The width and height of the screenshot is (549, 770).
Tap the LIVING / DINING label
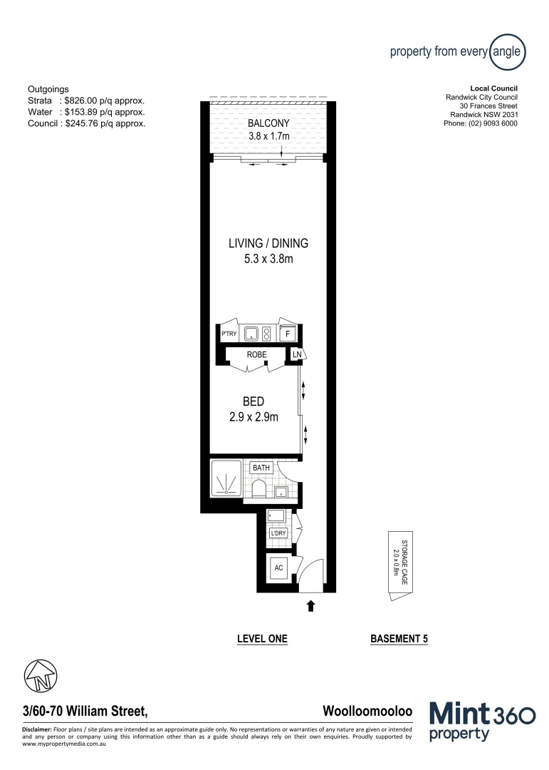click(268, 244)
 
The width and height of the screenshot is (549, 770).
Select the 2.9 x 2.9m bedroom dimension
click(253, 416)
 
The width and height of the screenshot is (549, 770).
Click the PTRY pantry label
click(229, 334)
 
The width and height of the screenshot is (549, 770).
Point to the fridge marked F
click(288, 334)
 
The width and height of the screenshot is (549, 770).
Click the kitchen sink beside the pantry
click(251, 333)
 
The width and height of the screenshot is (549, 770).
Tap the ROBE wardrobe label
click(257, 354)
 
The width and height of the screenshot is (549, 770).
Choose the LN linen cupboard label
click(297, 354)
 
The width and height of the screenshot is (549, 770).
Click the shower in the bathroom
click(226, 478)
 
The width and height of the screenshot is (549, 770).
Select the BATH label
click(262, 468)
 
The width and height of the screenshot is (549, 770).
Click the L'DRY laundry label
click(277, 533)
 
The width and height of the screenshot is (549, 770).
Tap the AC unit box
click(279, 568)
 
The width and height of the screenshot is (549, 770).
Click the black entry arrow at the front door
click(310, 606)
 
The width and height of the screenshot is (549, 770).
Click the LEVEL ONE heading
click(262, 639)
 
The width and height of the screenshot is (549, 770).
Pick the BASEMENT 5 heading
click(399, 639)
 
